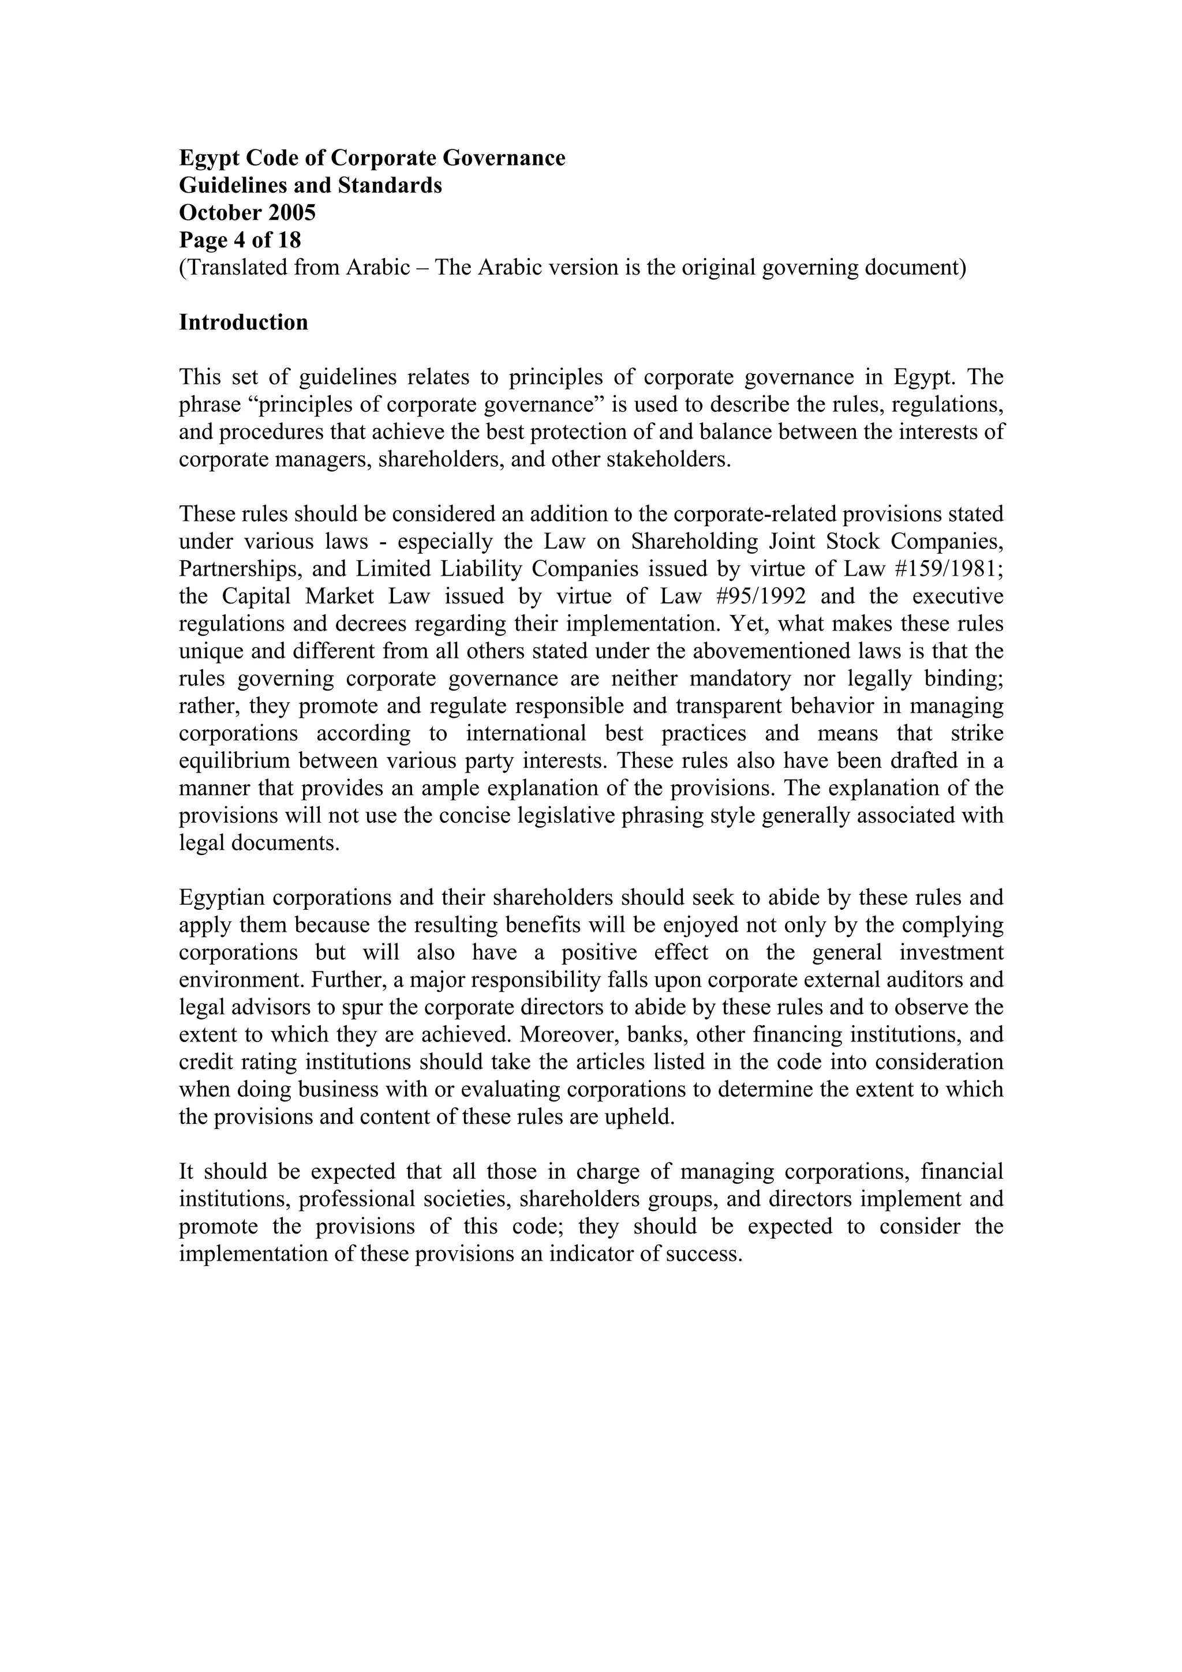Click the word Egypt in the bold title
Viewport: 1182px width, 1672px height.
[207, 158]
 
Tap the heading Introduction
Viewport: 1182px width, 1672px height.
[243, 322]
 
